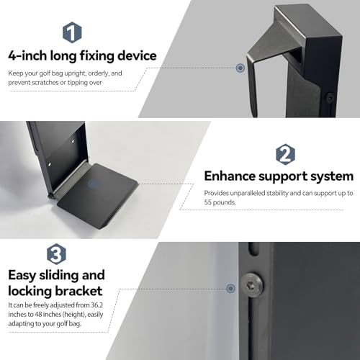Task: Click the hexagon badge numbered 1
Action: pos(72,32)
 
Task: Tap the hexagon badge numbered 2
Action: pos(285,154)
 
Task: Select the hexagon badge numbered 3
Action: pos(56,254)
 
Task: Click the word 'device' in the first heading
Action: pos(137,55)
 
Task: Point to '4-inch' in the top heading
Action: pos(27,55)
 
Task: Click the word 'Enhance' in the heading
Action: pos(230,176)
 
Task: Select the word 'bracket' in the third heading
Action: pos(79,291)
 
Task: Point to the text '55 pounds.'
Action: pos(220,202)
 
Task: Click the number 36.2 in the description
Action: pos(97,305)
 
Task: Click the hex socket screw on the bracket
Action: pos(252,284)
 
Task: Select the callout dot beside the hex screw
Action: pos(230,288)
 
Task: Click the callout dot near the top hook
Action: pos(240,68)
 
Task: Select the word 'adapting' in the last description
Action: pos(21,324)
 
